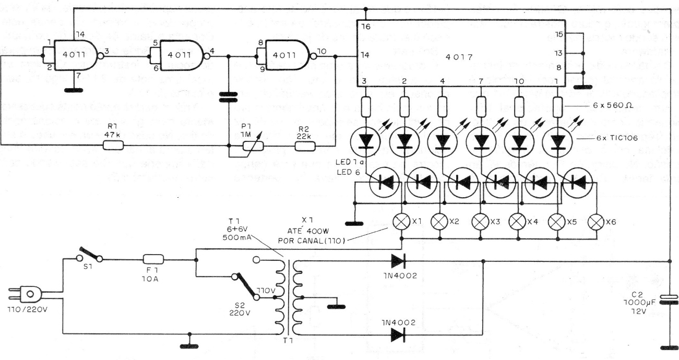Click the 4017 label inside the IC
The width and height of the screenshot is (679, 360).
click(x=461, y=56)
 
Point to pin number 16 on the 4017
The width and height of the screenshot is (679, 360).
click(x=365, y=26)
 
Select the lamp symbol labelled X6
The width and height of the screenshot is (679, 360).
click(x=597, y=221)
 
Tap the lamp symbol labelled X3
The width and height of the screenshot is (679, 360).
click(x=480, y=221)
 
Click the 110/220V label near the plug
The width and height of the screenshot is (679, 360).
click(x=30, y=317)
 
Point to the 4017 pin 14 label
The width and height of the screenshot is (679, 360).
click(x=365, y=55)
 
